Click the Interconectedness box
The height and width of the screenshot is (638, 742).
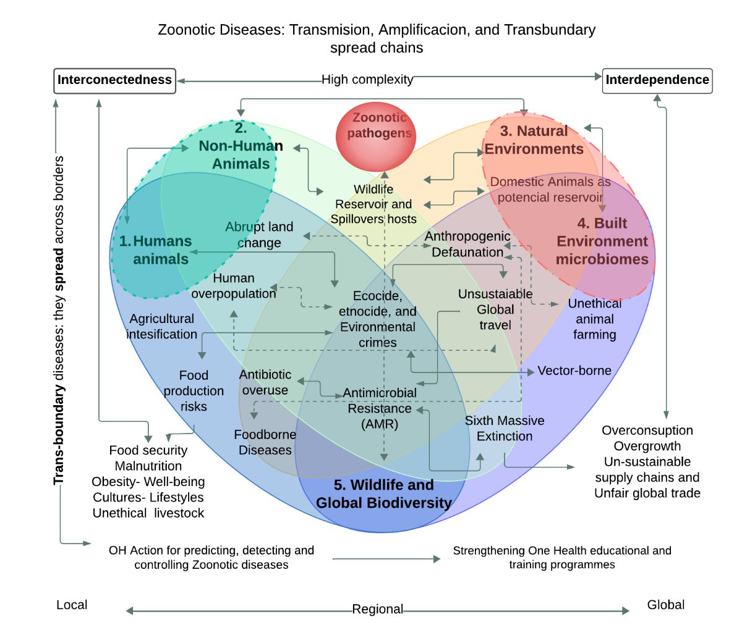(x=115, y=80)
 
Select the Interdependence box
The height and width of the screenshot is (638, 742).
(x=657, y=80)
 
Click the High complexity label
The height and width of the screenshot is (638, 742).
(x=367, y=80)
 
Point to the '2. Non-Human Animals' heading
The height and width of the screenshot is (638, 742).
(x=241, y=146)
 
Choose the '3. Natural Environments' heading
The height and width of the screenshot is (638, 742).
(x=534, y=140)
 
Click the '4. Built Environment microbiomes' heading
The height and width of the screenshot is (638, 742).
(x=602, y=241)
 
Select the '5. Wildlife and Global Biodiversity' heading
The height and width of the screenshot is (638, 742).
(x=383, y=494)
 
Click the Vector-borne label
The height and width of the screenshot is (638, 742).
(x=574, y=371)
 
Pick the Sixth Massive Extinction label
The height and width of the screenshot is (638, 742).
(x=505, y=428)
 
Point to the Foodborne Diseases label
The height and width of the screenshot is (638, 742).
(x=265, y=442)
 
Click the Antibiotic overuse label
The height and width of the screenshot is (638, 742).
(x=265, y=382)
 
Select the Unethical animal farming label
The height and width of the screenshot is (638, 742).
(x=594, y=319)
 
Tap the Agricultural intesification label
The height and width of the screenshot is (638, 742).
(x=162, y=326)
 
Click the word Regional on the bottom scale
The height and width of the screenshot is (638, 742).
(x=377, y=610)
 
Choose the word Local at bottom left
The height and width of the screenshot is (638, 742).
(x=72, y=605)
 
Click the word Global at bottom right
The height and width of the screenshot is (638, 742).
(x=665, y=605)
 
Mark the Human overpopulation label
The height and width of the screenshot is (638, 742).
(x=234, y=286)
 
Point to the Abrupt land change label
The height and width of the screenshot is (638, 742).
(x=259, y=235)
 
